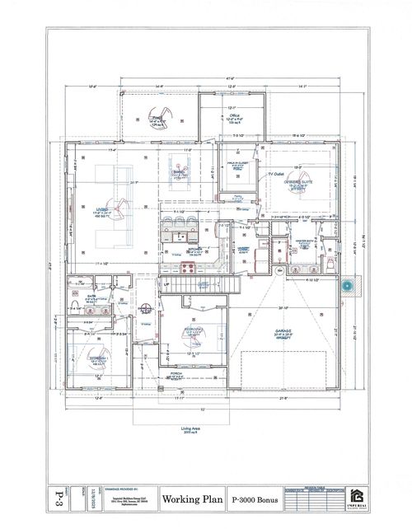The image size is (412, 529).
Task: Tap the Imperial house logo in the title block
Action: (x=355, y=497)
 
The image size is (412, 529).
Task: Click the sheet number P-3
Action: (x=55, y=499)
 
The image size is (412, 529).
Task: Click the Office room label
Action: (x=232, y=119)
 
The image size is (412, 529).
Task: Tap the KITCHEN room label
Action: (x=195, y=251)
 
